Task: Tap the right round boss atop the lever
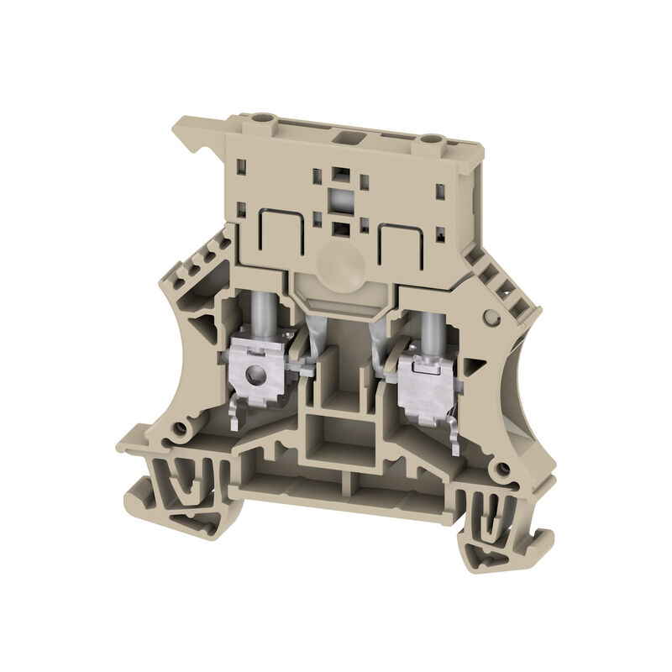point(430,139)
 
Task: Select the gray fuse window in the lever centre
point(341,202)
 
